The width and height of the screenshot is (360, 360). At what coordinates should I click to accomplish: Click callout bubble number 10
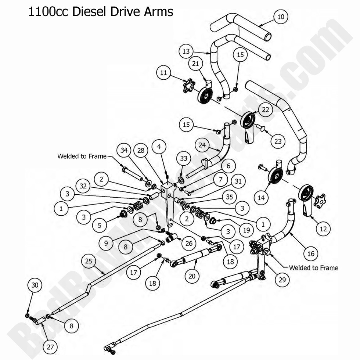coord(281,17)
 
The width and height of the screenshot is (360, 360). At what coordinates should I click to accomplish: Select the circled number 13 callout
coord(186,51)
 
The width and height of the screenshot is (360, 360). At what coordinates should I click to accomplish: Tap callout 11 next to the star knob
coord(163,73)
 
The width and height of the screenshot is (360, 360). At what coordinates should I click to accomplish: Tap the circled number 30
coord(35,285)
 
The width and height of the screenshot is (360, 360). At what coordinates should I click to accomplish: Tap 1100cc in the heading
coord(49,11)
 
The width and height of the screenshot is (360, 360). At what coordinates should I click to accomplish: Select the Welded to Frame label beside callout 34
coord(82,156)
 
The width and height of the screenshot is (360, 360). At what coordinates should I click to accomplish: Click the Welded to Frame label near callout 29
coord(313,268)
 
